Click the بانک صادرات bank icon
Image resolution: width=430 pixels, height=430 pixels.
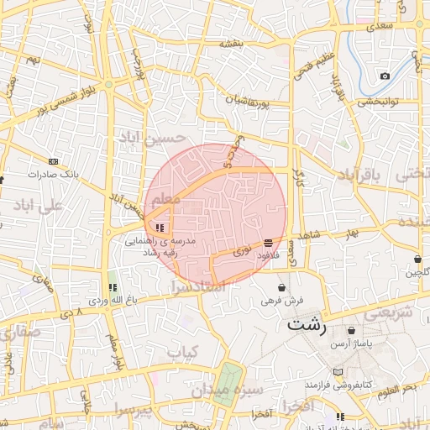(53, 161)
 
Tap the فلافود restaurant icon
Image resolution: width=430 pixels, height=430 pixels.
(268, 242)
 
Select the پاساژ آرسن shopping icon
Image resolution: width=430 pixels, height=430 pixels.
(350, 331)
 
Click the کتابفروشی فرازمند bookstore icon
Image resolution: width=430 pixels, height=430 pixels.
(338, 371)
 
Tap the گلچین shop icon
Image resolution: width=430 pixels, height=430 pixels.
(417, 259)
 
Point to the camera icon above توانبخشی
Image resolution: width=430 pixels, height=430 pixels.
(385, 76)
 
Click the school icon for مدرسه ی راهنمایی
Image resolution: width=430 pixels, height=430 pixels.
(160, 228)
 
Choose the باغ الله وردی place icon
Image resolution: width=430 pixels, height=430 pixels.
(113, 287)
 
